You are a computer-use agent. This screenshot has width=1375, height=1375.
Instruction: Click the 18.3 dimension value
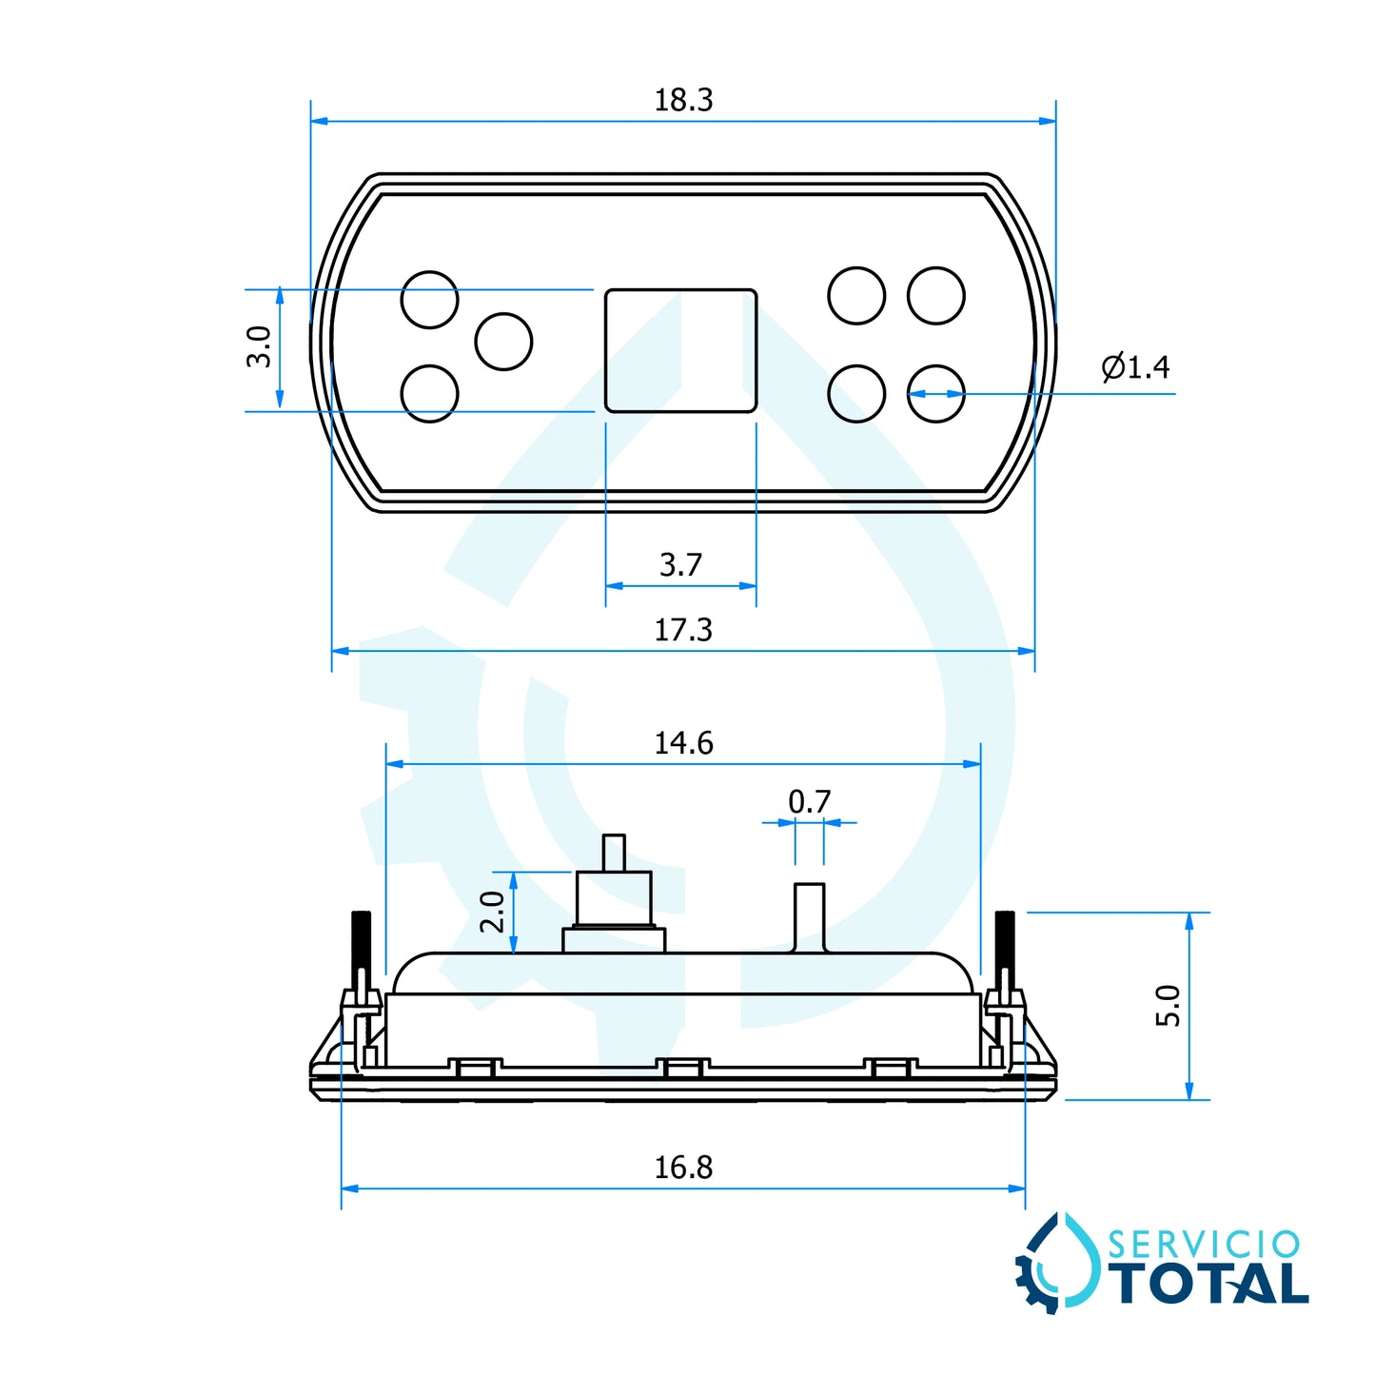[683, 100]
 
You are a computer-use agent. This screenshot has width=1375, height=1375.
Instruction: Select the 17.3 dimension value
[683, 630]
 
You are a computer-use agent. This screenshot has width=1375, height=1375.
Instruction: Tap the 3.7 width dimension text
[681, 565]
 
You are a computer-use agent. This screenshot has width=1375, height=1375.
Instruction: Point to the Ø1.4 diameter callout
[1135, 366]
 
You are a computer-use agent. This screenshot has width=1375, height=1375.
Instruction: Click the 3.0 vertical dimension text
[259, 346]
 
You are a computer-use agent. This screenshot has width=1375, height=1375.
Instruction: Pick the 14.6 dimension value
[683, 743]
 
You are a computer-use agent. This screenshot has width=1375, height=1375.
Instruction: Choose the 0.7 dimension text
[810, 802]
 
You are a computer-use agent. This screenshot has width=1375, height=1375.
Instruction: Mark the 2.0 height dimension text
[492, 912]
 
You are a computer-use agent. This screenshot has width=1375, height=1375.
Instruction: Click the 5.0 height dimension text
[1168, 1006]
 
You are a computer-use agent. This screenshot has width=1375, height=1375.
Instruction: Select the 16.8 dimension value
[683, 1168]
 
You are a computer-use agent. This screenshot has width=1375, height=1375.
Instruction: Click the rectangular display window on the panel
[681, 351]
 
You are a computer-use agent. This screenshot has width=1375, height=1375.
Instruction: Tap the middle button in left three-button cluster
[503, 342]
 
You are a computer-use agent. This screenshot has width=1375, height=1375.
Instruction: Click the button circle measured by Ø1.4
[936, 394]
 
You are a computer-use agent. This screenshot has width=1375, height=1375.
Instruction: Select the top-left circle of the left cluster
[430, 300]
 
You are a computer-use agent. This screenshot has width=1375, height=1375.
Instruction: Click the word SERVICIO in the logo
[1204, 1245]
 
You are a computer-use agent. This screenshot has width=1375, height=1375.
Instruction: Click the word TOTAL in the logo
[1211, 1284]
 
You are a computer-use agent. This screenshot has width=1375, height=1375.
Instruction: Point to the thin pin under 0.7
[810, 917]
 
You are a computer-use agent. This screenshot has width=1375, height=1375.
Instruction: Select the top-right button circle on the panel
[936, 296]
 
